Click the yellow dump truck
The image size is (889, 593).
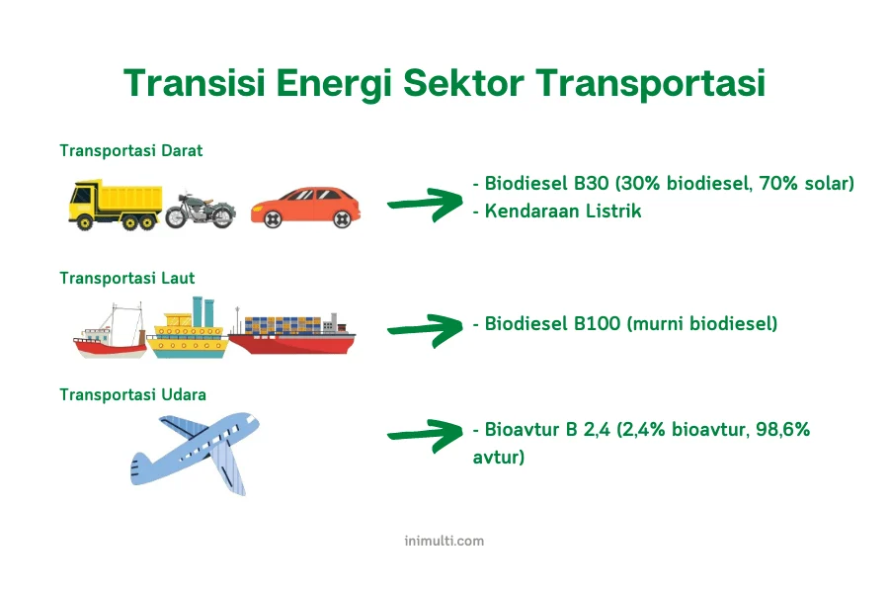point(116,205)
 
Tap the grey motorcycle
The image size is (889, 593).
point(201,211)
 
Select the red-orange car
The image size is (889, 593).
point(305,208)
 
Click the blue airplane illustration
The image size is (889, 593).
point(195,453)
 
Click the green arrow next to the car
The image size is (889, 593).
point(425,205)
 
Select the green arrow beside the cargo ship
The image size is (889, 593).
point(425,330)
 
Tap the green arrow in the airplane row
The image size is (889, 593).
point(425,435)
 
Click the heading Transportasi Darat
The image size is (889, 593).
point(131,150)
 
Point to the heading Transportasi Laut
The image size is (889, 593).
point(127,278)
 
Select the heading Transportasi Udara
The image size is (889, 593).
point(132,394)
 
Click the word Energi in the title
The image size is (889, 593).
point(334,84)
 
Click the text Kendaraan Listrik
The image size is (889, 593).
point(563,212)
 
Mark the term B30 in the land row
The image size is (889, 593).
point(592,183)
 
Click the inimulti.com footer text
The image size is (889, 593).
point(444,541)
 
